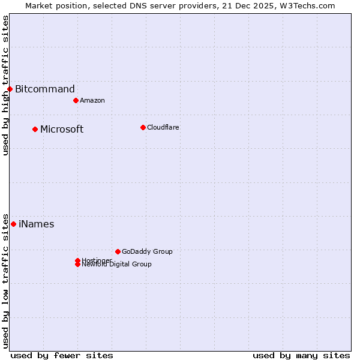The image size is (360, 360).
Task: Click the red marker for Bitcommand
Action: point(10,89)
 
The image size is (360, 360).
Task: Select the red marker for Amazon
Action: point(76,100)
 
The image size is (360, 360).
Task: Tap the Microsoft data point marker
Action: point(35,129)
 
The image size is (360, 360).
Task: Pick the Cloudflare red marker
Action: point(143,127)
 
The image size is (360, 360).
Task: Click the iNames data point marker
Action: point(13,224)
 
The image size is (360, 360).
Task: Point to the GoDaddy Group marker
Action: point(118,251)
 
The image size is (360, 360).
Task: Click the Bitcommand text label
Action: point(45,89)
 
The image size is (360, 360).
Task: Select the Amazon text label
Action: point(92,100)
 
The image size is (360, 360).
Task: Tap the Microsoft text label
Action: point(62,129)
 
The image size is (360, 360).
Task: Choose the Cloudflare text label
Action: point(163,127)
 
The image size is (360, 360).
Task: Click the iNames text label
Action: point(36,224)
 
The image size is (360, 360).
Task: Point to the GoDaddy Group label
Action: point(147,251)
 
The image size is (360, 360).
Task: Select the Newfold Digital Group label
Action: point(117,265)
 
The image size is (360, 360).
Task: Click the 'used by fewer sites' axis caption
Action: point(62,355)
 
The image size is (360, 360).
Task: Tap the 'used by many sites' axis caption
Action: point(301,355)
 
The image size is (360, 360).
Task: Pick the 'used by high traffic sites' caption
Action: point(6,85)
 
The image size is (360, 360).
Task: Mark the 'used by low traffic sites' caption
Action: point(6,280)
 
